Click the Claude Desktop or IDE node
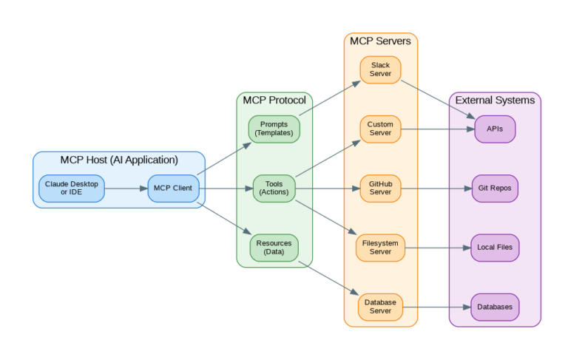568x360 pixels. point(72,188)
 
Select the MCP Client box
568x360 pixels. point(173,188)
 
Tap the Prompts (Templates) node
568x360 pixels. point(274,129)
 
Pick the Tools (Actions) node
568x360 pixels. point(274,188)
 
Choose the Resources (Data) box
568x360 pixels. point(274,247)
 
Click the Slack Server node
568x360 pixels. point(380,69)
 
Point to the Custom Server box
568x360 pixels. point(380,129)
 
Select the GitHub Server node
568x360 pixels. point(380,188)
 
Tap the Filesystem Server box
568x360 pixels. point(380,247)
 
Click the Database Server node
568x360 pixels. point(380,306)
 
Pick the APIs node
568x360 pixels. point(495,129)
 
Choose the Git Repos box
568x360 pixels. point(495,188)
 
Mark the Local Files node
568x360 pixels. point(495,247)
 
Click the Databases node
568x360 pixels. point(495,306)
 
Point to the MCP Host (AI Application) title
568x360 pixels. point(119,160)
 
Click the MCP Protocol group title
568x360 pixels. point(274,101)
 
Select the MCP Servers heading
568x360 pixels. point(380,41)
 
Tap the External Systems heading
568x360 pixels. point(495,101)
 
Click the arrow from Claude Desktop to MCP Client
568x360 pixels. point(126,188)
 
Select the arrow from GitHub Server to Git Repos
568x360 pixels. point(436,188)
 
